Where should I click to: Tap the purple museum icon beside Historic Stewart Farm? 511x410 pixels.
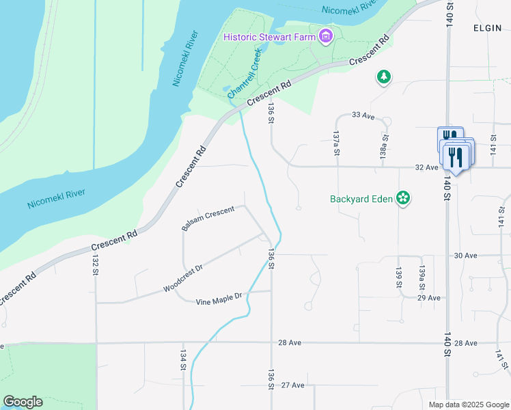(326, 36)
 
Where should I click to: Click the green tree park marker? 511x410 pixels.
(384, 77)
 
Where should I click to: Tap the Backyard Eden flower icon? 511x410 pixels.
(403, 199)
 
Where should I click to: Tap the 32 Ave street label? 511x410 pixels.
(426, 167)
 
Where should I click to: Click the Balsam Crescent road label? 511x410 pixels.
(208, 218)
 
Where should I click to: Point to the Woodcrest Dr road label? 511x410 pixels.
(183, 279)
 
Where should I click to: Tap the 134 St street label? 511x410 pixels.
(183, 360)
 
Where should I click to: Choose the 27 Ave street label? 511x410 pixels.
(292, 385)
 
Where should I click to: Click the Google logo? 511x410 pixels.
(23, 402)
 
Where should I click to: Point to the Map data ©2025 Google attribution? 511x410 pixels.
(467, 405)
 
